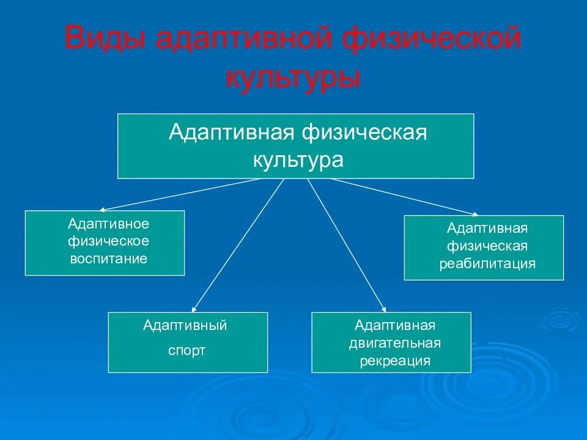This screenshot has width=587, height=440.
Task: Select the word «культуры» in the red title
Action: [x=293, y=79]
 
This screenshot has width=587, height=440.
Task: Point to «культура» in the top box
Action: [x=298, y=160]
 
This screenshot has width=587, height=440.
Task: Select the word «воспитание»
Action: [x=108, y=258]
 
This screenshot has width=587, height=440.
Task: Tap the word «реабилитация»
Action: [x=487, y=264]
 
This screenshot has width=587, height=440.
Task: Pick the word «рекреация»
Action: [x=395, y=361]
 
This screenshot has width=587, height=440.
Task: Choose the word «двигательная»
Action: [x=395, y=343]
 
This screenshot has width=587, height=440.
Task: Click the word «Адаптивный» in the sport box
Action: [x=185, y=325]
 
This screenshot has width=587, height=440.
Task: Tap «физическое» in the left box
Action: [x=108, y=241]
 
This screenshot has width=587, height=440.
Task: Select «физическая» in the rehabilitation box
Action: [x=487, y=246]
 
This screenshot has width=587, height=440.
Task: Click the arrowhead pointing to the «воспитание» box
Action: [x=103, y=208]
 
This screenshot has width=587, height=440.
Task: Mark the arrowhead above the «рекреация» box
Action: [x=383, y=309]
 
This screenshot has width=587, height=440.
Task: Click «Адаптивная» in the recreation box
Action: [x=395, y=324]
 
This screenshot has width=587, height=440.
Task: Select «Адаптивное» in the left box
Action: [x=108, y=224]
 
